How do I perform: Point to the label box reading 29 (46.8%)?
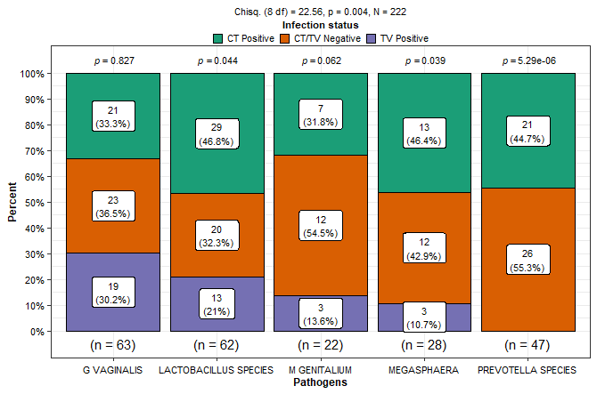pos(217,133)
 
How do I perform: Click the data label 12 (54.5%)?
pos(321,227)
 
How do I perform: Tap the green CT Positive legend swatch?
pos(219,38)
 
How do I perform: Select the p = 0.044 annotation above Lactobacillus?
pos(217,60)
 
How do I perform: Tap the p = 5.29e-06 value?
pos(528,60)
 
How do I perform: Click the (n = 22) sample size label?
pos(321,344)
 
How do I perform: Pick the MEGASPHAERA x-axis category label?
pos(424,369)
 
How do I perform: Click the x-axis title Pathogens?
pos(321,382)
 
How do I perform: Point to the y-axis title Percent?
pos(12,202)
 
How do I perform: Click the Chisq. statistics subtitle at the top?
pos(321,12)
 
